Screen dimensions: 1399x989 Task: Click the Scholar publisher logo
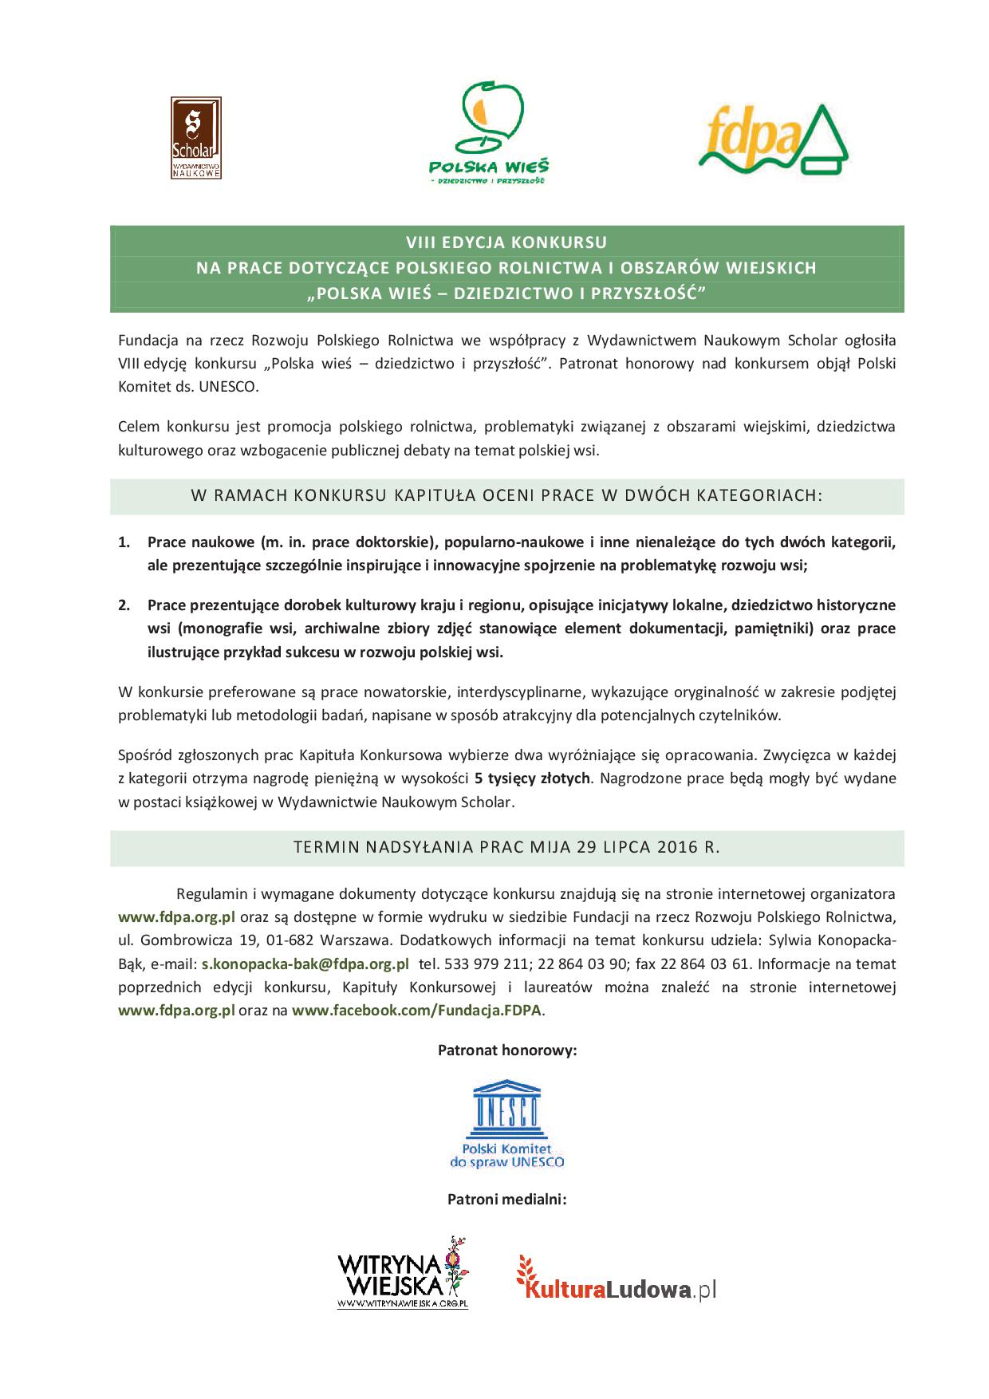[x=195, y=138]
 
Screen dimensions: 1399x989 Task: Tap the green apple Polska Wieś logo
[x=489, y=132]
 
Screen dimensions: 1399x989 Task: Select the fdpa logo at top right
[x=772, y=139]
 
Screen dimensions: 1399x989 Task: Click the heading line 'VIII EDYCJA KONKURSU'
[x=506, y=242]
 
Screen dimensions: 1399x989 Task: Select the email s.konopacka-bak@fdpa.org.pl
[x=305, y=964]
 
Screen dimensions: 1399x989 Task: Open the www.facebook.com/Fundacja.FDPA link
[x=416, y=1011]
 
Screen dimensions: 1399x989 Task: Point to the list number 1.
[x=124, y=542]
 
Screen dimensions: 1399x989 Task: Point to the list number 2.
[x=124, y=605]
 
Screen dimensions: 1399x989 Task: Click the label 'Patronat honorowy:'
[x=507, y=1050]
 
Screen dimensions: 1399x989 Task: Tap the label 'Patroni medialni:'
[x=506, y=1199]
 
